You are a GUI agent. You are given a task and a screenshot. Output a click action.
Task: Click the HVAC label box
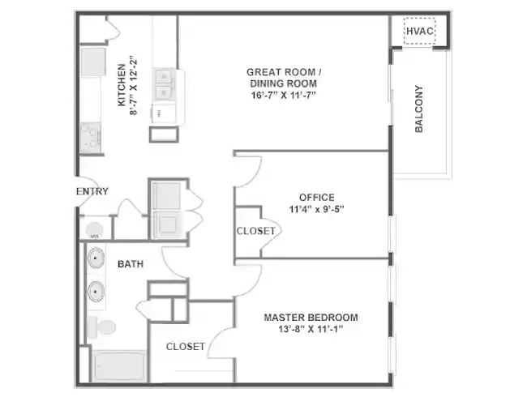[420, 32]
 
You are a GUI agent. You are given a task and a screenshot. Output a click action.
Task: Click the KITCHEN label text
[122, 85]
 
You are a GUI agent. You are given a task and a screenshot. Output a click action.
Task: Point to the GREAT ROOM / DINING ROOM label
[283, 78]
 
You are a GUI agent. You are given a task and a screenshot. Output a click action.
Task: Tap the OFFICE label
[316, 197]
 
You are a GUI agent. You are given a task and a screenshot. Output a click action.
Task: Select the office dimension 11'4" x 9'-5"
[316, 208]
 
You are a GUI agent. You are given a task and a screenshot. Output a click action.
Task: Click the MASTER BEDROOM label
[311, 317]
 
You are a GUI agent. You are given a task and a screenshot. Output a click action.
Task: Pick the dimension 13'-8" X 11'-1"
[311, 329]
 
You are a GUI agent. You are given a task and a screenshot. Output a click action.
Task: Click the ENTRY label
[92, 191]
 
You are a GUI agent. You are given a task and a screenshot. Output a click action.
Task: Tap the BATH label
[131, 264]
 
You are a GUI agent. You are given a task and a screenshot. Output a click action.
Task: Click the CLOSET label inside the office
[255, 231]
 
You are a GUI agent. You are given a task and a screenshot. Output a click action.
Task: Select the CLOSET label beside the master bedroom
[185, 346]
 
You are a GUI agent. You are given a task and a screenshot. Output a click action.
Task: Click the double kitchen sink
[165, 84]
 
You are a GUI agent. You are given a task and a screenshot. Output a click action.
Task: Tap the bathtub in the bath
[118, 365]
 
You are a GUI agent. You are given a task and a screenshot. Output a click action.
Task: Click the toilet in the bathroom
[102, 327]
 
